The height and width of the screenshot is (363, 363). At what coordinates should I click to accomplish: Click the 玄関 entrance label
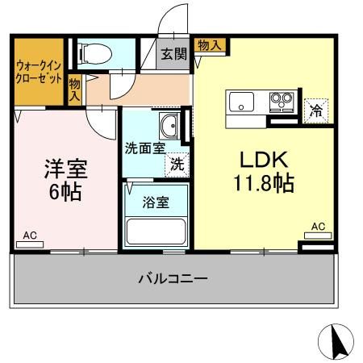[171, 55]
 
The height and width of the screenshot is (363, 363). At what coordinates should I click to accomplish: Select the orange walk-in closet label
[37, 72]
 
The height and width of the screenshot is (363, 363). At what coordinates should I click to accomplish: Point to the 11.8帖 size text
[261, 181]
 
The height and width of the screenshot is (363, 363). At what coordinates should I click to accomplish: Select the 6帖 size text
[65, 193]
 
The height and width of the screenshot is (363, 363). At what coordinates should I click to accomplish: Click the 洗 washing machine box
[176, 163]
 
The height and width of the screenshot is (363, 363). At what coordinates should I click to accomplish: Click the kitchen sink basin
[242, 102]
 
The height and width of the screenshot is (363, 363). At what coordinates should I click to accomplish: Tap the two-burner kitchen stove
[280, 102]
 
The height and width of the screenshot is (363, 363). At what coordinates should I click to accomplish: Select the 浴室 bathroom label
[157, 202]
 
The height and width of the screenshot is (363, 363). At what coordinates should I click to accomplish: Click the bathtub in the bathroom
[156, 229]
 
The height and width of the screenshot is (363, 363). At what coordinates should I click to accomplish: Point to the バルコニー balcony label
[173, 279]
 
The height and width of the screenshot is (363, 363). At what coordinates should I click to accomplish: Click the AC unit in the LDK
[317, 235]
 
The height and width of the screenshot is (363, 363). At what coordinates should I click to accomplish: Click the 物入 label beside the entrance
[209, 45]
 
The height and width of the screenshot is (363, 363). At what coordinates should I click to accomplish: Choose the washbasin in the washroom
[169, 126]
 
